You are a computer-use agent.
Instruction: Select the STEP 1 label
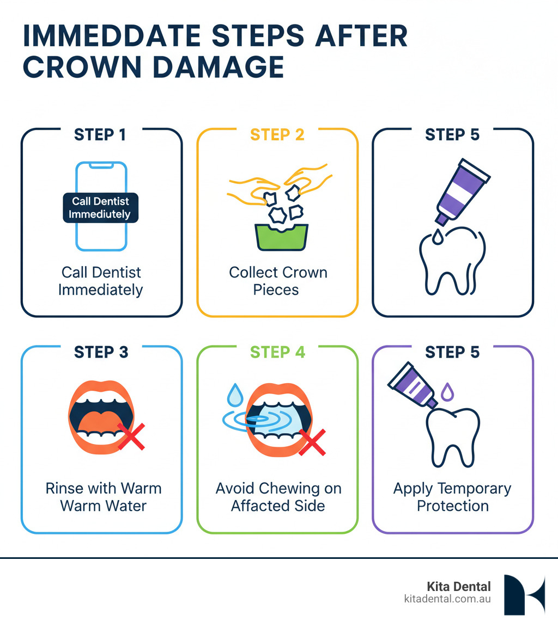[101, 135]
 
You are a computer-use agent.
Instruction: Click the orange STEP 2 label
[277, 135]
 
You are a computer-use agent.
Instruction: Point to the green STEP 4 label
[277, 352]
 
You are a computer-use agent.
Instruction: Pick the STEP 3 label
[101, 352]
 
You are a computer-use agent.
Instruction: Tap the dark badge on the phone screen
[101, 207]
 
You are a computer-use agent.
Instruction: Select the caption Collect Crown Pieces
[277, 281]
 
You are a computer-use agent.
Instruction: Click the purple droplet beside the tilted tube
[446, 391]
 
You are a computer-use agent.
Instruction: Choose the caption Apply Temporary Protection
[452, 497]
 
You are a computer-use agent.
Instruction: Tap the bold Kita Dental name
[459, 587]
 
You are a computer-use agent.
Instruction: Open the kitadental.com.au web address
[447, 599]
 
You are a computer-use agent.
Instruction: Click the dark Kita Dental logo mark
[524, 595]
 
